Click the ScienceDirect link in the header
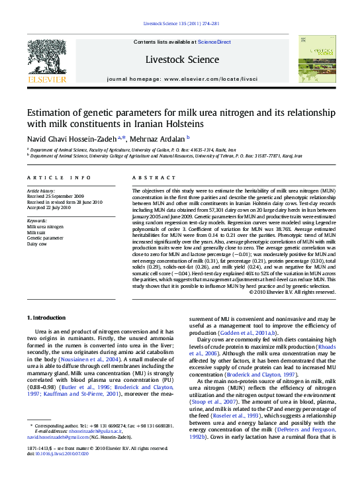pyautogui.click(x=214, y=42)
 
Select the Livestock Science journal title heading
pyautogui.click(x=183, y=60)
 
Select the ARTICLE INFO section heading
pyautogui.click(x=59, y=178)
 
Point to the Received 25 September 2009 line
pyautogui.click(x=56, y=197)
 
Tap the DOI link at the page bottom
pyautogui.click(x=58, y=471)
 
